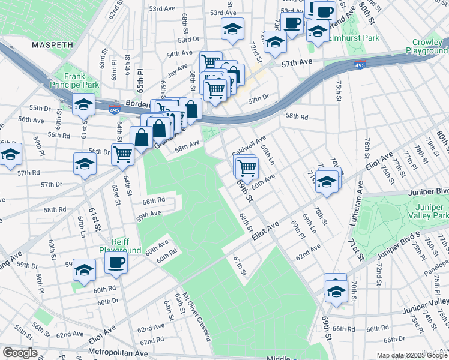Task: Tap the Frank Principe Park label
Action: [x=74, y=81]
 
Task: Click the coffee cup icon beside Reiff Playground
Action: [x=116, y=262]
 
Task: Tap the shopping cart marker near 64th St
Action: [x=122, y=154]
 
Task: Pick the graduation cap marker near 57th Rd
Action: [x=85, y=163]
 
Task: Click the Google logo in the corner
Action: [x=20, y=353]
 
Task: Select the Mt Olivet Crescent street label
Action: [x=197, y=316]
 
